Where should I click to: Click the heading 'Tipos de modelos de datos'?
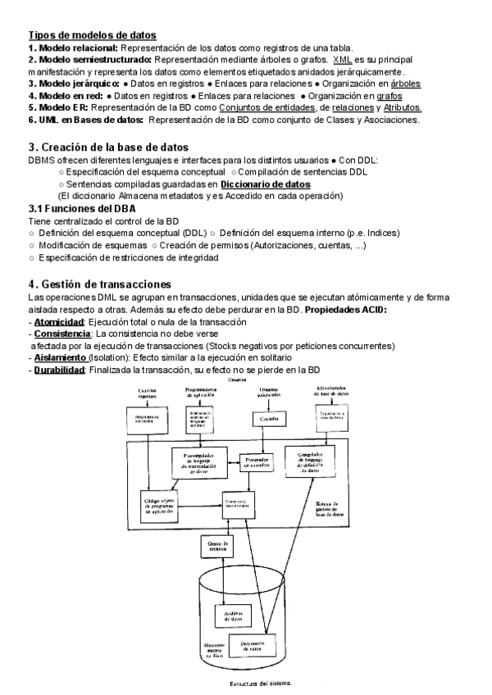(x=93, y=35)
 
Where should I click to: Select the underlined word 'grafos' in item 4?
(x=385, y=96)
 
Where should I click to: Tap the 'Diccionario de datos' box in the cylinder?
(x=250, y=647)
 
